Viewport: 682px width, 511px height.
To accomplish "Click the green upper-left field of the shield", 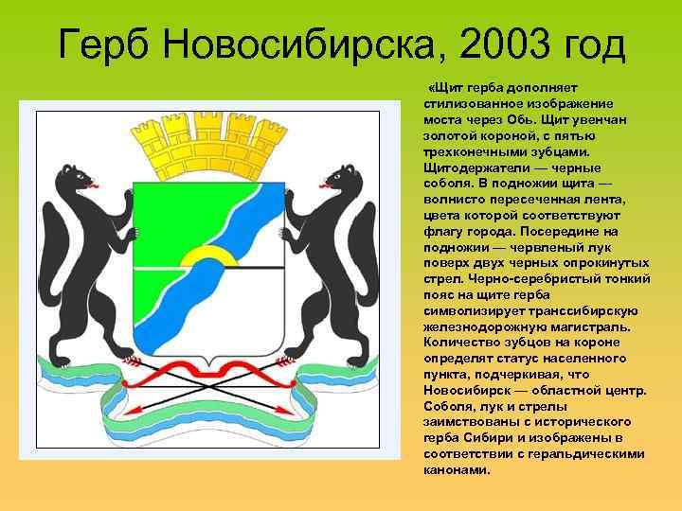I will pyautogui.click(x=166, y=213).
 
